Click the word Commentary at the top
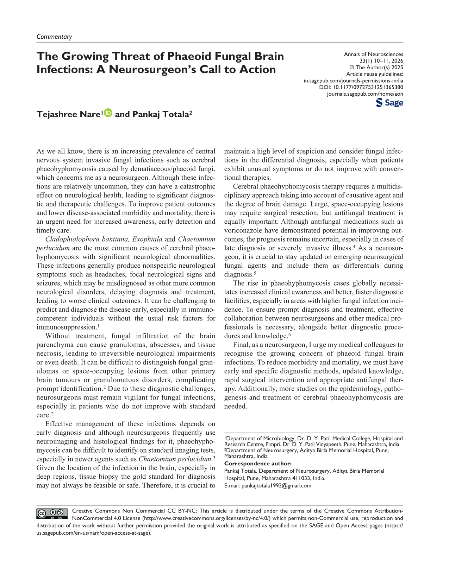[54, 37]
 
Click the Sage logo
[389, 103]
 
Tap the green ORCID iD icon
[108, 113]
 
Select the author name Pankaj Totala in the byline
[162, 114]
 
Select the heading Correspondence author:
[258, 463]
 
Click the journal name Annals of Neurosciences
[373, 54]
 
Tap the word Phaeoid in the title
[192, 56]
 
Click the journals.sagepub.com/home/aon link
[365, 94]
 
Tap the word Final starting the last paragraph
[241, 345]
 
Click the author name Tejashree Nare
[69, 114]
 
